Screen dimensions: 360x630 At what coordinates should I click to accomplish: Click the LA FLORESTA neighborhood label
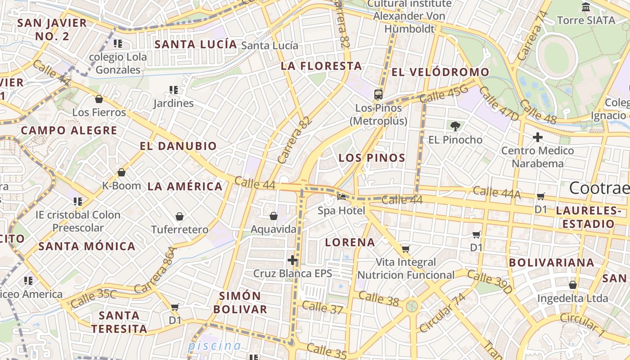pos(321,66)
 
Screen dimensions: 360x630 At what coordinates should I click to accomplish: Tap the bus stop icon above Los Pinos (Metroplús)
pos(378,94)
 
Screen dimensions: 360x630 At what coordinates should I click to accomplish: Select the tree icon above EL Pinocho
pos(455,126)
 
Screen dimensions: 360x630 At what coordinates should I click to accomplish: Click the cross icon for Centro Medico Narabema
pos(537,137)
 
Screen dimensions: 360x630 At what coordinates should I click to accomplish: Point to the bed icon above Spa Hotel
pos(342,197)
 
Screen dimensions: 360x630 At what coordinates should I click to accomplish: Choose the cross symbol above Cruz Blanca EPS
pos(292,260)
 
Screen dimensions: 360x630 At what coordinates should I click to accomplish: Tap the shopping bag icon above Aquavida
pos(273,216)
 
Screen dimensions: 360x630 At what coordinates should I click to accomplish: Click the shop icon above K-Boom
pos(121,172)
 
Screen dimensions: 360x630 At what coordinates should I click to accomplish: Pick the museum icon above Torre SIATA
pos(586,7)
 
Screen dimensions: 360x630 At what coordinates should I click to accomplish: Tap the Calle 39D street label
pos(489,281)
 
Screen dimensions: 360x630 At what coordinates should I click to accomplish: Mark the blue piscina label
pos(214,346)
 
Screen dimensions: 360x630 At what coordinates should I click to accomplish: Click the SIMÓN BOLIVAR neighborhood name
pos(240,302)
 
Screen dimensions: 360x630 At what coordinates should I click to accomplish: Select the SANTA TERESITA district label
pos(119,322)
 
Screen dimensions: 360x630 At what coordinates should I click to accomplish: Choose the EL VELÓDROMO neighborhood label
pos(440,72)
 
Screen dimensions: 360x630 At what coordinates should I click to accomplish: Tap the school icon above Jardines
pos(174,90)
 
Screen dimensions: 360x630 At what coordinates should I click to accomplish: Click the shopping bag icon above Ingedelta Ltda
pos(572,285)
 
